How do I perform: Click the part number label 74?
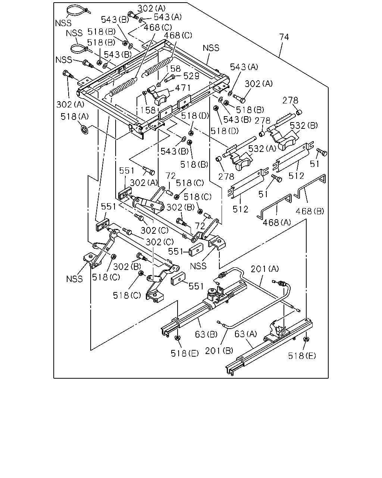(284, 37)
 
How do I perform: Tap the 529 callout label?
(191, 76)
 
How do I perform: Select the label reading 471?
(183, 88)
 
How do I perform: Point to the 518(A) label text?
(75, 117)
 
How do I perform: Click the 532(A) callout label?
(262, 149)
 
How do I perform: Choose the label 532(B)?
(304, 126)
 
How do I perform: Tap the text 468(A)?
(277, 222)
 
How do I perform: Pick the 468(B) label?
(310, 211)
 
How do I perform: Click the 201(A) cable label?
(265, 269)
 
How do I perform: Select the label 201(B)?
(219, 351)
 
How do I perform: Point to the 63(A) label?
(246, 334)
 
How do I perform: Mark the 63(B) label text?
(206, 334)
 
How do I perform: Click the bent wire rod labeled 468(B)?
(311, 186)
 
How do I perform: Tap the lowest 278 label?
(226, 176)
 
